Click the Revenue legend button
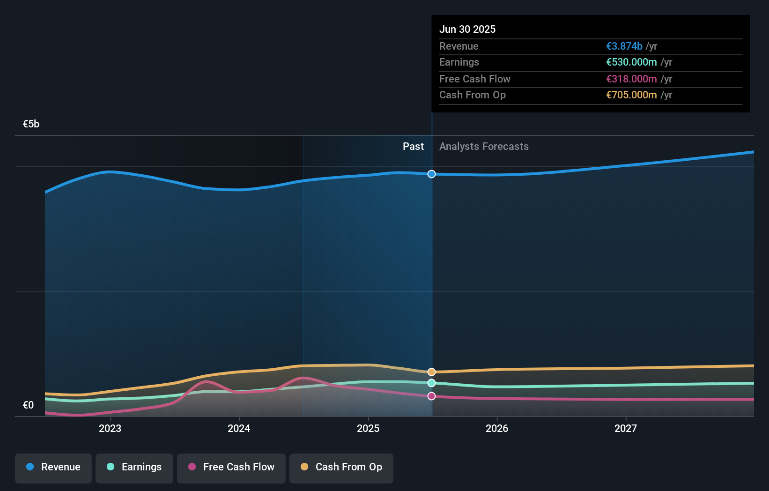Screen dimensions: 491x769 pos(53,468)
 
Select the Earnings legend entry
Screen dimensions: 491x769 pos(134,468)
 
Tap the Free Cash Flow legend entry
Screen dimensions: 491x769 pos(231,468)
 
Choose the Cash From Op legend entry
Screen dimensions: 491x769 pos(341,468)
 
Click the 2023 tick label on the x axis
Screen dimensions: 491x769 pos(110,428)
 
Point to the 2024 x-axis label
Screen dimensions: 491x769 pos(239,428)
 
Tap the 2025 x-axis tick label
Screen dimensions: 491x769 pos(368,428)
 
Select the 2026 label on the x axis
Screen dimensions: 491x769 pos(497,428)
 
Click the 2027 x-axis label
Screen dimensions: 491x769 pos(626,428)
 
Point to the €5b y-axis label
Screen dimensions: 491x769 pos(31,124)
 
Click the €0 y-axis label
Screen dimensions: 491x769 pos(28,405)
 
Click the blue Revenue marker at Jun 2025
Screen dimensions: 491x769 pos(431,174)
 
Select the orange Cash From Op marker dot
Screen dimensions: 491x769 pos(431,372)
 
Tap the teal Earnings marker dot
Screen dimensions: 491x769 pos(431,383)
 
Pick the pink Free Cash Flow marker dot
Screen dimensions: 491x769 pos(431,396)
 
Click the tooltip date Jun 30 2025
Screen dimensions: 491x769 pos(467,30)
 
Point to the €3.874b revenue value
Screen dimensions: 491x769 pos(624,46)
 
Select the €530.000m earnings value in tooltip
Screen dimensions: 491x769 pos(631,62)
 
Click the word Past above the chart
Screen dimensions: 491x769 pos(413,147)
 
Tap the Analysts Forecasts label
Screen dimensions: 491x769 pos(484,147)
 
